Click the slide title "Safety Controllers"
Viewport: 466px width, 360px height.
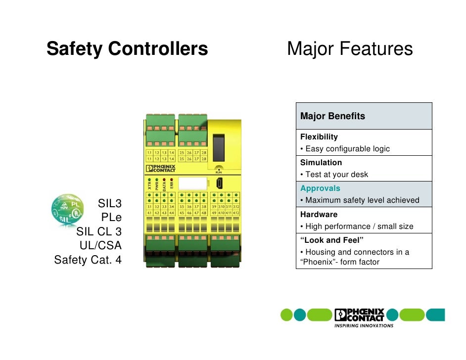coord(127,49)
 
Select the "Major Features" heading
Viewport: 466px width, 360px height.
coord(350,49)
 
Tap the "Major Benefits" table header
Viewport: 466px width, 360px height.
coord(332,116)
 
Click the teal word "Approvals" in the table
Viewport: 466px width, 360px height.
coord(320,188)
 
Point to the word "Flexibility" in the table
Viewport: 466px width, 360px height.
coord(319,136)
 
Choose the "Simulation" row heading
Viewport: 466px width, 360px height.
coord(321,162)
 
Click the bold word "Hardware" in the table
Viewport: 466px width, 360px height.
coord(319,215)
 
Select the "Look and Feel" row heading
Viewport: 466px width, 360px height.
coord(332,240)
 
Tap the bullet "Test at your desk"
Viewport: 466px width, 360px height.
coord(336,175)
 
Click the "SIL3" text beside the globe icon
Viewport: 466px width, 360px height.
coord(110,203)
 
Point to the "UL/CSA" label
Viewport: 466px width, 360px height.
coord(100,245)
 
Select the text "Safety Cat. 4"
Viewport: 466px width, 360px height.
coord(88,260)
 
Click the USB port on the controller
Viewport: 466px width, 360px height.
coord(219,183)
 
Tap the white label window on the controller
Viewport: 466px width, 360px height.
coord(192,184)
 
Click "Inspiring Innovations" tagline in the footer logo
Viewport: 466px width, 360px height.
coord(364,326)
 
